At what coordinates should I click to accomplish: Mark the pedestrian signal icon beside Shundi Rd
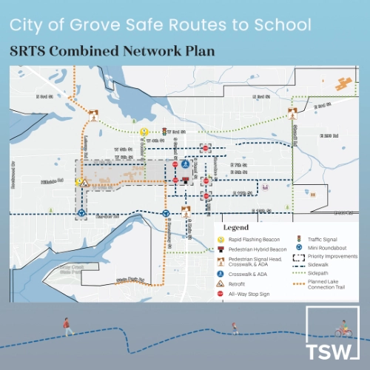tap(294, 115)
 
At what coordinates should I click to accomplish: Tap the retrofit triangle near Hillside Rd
tap(86, 181)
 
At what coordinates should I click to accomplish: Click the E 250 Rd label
tap(326, 136)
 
